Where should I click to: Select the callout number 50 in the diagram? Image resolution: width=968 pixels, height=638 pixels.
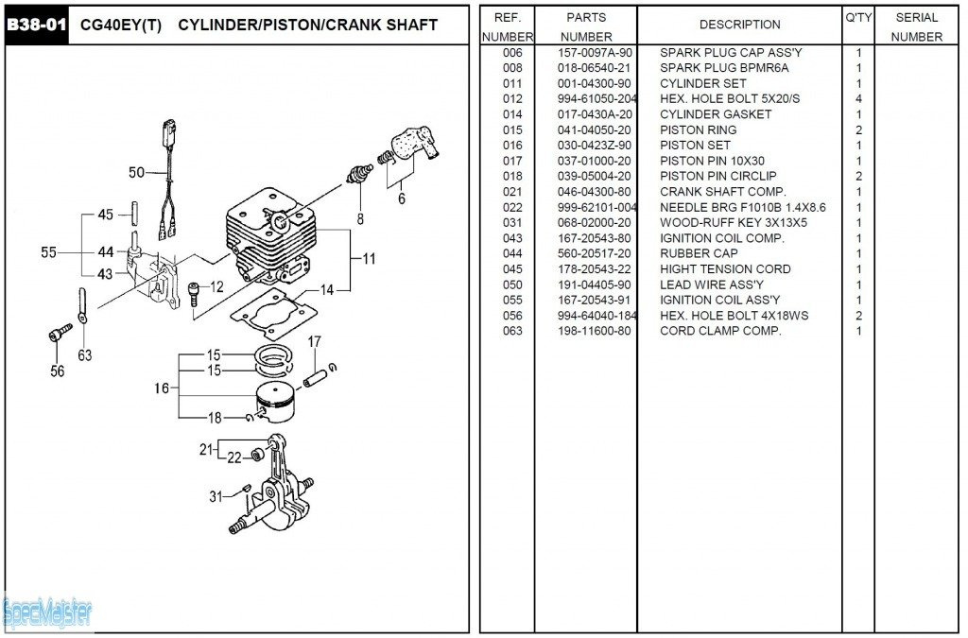point(137,172)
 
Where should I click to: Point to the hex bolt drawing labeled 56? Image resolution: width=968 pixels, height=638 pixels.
point(59,334)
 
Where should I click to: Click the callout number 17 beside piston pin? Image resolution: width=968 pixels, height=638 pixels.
point(314,341)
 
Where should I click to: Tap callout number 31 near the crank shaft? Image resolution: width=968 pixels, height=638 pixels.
point(216,496)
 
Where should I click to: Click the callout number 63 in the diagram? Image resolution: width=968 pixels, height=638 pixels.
point(85,355)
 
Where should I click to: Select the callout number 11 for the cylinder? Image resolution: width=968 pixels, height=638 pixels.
point(369,258)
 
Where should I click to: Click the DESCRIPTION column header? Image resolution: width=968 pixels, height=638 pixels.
point(739,25)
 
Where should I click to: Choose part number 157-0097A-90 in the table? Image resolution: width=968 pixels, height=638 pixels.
point(595,53)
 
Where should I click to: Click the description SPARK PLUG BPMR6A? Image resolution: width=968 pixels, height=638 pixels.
point(723,68)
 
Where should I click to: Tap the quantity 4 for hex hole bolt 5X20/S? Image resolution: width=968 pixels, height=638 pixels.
point(858,99)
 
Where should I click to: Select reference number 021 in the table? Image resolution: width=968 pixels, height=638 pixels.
point(512,192)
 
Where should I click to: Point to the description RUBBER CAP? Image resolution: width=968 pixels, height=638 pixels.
point(698,253)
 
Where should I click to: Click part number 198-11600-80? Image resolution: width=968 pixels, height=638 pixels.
point(595,331)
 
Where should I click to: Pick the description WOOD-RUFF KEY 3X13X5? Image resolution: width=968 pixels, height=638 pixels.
point(734,223)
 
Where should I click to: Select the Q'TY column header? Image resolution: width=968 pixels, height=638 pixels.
point(858,18)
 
